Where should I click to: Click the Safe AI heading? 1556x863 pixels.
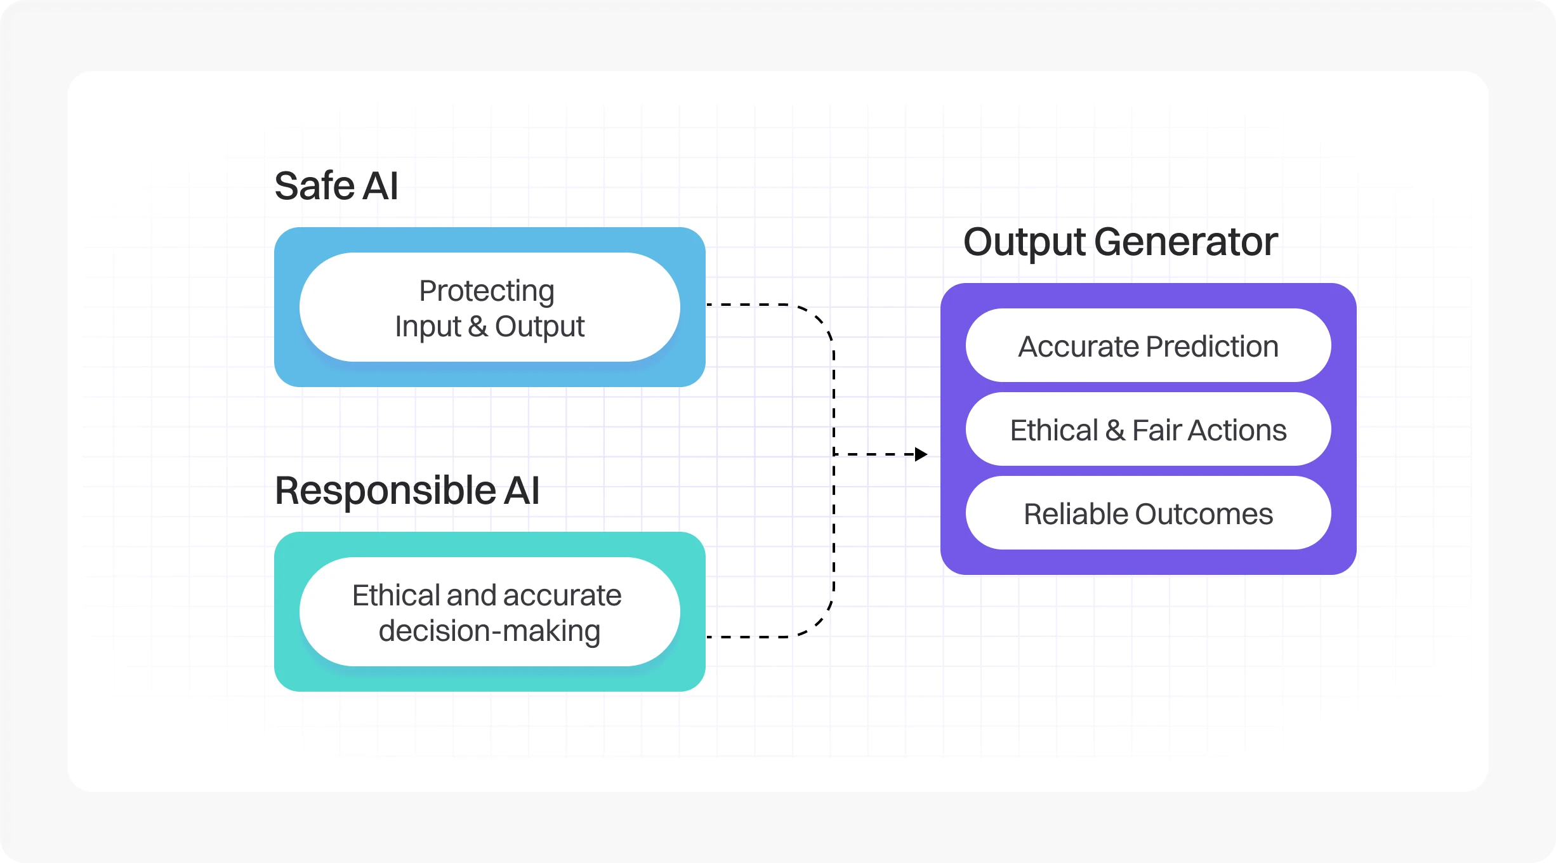(x=336, y=186)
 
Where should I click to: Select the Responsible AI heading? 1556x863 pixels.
(x=407, y=491)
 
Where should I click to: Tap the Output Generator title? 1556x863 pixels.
(x=1120, y=242)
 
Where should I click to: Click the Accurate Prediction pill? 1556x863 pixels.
(x=1148, y=346)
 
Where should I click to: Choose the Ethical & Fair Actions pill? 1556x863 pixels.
(x=1148, y=430)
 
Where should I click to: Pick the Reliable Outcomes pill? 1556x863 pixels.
(x=1148, y=513)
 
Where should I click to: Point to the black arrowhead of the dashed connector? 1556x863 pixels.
(x=921, y=454)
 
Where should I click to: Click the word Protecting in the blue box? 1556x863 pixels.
(x=487, y=291)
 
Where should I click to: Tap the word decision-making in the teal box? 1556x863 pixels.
(x=489, y=631)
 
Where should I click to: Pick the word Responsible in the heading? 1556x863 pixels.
(x=385, y=491)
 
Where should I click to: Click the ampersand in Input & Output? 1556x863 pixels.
(x=478, y=326)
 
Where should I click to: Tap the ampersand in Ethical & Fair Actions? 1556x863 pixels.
(x=1115, y=430)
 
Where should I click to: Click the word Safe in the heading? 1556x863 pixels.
(x=314, y=186)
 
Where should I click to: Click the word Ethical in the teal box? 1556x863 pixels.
(x=396, y=595)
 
